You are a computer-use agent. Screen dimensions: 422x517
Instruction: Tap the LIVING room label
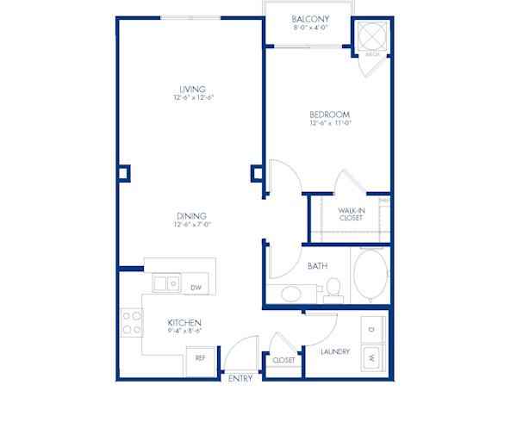click(x=191, y=88)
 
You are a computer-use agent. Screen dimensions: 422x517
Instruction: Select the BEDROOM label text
click(x=330, y=115)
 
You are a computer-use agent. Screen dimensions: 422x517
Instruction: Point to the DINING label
click(x=192, y=216)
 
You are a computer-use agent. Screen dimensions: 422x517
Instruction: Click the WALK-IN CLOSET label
click(x=350, y=214)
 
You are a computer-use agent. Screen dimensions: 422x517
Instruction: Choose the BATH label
click(x=318, y=266)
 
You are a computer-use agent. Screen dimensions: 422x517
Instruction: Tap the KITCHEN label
click(x=184, y=323)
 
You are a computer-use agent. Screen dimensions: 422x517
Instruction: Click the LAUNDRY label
click(x=333, y=351)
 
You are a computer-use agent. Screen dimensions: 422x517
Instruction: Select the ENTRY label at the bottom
click(x=240, y=378)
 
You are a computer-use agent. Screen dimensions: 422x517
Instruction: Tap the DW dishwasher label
click(x=196, y=288)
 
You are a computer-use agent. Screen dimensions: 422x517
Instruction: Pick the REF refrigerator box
click(x=200, y=357)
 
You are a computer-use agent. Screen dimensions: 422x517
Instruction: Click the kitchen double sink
click(x=166, y=282)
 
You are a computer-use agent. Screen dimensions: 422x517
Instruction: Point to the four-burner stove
click(x=132, y=322)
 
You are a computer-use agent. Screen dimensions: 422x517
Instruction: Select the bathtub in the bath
click(x=371, y=277)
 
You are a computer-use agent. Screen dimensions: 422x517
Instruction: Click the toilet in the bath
click(x=335, y=289)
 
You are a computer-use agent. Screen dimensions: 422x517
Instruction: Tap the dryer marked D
click(x=371, y=329)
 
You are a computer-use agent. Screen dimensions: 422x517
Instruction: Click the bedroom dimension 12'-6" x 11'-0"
click(x=330, y=124)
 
